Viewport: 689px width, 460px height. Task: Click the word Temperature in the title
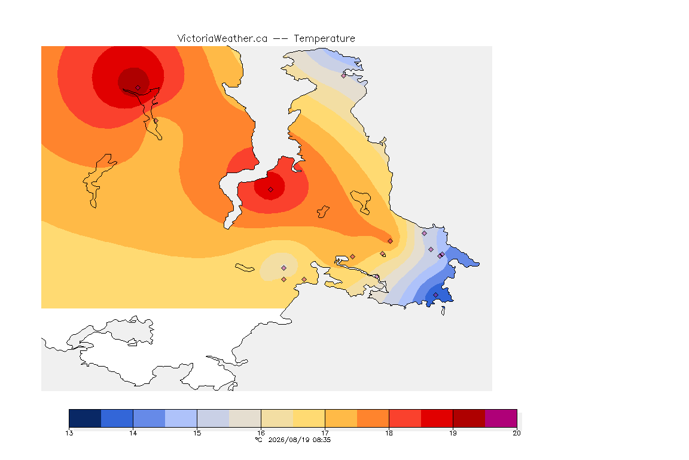click(324, 39)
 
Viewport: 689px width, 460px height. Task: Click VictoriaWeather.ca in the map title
click(222, 39)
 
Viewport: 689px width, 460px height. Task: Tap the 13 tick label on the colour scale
click(69, 433)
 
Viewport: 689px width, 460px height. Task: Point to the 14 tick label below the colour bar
click(133, 433)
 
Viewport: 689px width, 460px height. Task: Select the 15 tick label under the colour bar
click(197, 433)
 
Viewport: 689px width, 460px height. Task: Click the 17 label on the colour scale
click(325, 433)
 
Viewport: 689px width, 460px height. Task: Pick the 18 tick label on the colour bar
click(389, 433)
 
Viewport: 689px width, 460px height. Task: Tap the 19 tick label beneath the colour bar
click(453, 433)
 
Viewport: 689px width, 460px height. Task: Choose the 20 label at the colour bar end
click(517, 433)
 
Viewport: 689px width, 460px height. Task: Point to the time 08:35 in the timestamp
click(322, 440)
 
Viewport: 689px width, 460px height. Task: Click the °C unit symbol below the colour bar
click(259, 440)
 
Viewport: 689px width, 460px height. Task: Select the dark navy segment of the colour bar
click(86, 418)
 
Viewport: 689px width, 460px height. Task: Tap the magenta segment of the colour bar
click(501, 418)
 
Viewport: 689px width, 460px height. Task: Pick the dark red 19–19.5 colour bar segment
click(469, 418)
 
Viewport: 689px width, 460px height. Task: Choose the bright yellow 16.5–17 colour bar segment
click(309, 418)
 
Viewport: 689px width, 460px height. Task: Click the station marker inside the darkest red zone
click(138, 88)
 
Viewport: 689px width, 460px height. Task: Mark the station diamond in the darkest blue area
click(435, 295)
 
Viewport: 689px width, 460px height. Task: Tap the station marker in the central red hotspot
click(271, 190)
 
